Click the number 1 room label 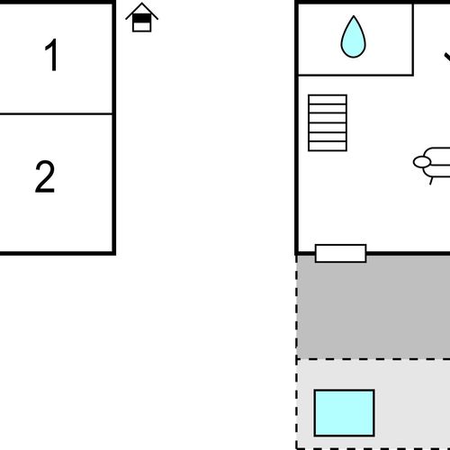point(51,55)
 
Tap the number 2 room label point(45,176)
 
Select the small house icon point(141,17)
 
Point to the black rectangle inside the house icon point(141,18)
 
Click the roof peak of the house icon point(141,4)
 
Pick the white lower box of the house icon point(141,26)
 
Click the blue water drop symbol point(354,37)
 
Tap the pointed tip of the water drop point(354,16)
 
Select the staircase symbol point(328,123)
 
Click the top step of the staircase point(328,99)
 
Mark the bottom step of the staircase point(328,146)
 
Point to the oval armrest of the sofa point(422,162)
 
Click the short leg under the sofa point(431,181)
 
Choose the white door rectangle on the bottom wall point(341,254)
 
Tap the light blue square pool point(345,413)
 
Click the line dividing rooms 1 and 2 point(56,113)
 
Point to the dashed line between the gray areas point(373,358)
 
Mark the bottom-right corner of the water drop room point(413,75)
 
